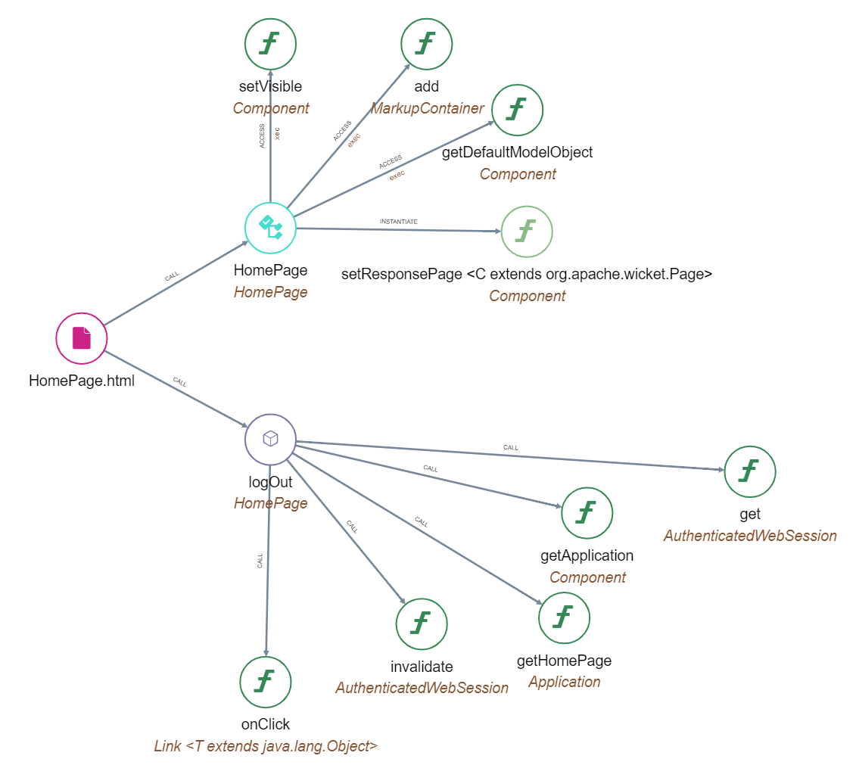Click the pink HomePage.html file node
[x=82, y=337]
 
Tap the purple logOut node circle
[x=270, y=439]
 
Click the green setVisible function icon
[x=270, y=44]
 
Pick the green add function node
[x=426, y=44]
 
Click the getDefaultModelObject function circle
[x=518, y=110]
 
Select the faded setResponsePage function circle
[x=527, y=231]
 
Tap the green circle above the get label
[x=749, y=471]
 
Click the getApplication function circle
[x=587, y=513]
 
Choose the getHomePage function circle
[x=564, y=617]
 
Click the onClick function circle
[x=265, y=682]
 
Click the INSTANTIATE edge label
[x=398, y=222]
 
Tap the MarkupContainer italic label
[x=427, y=108]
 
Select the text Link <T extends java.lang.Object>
[x=266, y=746]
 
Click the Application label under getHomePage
[x=564, y=682]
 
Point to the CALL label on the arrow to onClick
[x=260, y=561]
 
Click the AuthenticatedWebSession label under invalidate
[x=422, y=688]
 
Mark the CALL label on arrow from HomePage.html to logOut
[x=179, y=381]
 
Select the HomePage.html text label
[x=82, y=381]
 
